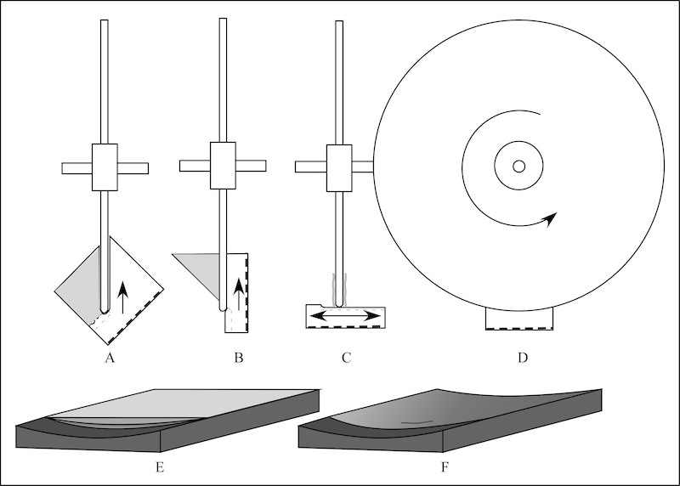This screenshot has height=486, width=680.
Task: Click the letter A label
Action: coord(109,359)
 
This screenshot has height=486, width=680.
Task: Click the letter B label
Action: coord(239,359)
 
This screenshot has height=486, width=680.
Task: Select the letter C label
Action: coord(346,359)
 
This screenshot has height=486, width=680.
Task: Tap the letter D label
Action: coord(522,359)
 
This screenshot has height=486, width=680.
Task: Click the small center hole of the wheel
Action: coord(518,167)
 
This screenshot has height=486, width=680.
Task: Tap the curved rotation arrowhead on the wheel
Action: coord(551,219)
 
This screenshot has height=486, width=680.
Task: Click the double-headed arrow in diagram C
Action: coord(345,316)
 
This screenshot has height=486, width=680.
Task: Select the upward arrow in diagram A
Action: coord(122,297)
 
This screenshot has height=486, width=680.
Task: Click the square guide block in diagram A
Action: coord(105,167)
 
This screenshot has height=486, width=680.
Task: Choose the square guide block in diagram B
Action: coord(223,166)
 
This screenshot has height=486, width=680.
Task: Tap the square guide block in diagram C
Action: coord(337,166)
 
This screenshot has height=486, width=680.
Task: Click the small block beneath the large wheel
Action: coord(519,318)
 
